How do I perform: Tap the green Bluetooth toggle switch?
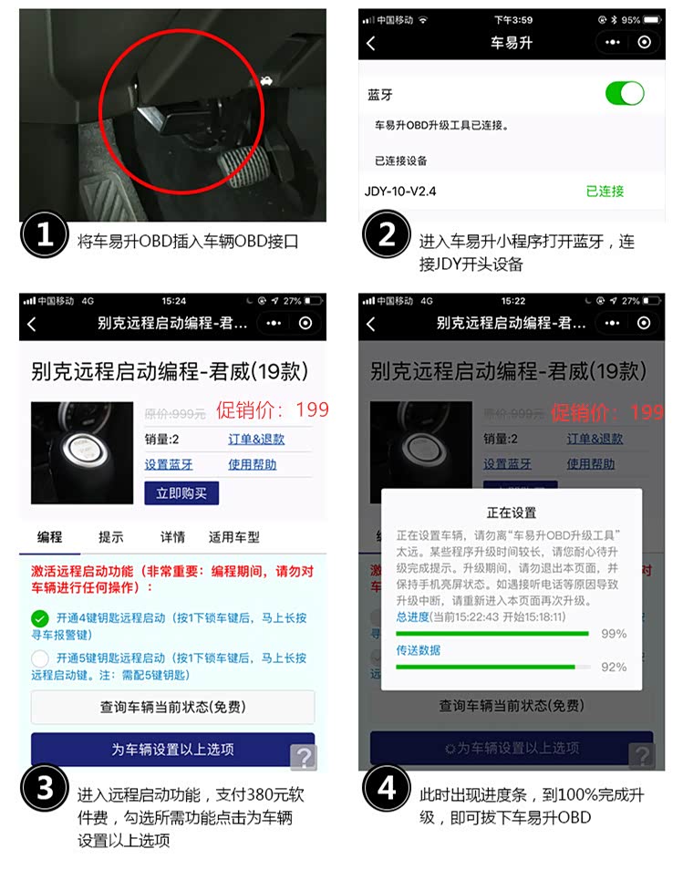pos(625,93)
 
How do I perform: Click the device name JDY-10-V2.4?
pos(399,192)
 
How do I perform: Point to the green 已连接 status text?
pos(605,192)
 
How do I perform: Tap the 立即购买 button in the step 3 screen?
pos(181,493)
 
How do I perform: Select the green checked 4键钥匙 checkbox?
pos(40,617)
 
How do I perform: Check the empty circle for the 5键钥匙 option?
pos(40,658)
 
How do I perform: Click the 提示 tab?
pos(110,537)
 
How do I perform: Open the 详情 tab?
pos(172,537)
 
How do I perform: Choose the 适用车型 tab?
pos(234,537)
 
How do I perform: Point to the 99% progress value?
pos(614,634)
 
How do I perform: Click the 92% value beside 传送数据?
pos(614,668)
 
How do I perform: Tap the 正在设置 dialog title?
pos(512,513)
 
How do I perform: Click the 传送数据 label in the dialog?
pos(418,650)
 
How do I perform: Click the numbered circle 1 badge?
pos(45,235)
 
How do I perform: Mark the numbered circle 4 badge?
pos(387,788)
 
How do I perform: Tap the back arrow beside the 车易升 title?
pos(370,43)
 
